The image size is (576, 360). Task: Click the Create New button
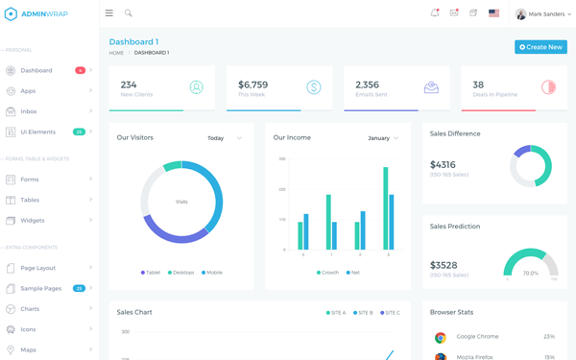[540, 47]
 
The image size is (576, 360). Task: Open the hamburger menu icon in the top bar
[109, 13]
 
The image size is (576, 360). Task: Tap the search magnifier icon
[129, 13]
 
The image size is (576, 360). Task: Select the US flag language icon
[493, 13]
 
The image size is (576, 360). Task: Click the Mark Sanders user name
[546, 14]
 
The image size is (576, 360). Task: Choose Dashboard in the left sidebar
[36, 70]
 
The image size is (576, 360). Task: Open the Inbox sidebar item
[30, 111]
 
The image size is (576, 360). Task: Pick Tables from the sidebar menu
[30, 200]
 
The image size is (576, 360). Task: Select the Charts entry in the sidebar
[30, 309]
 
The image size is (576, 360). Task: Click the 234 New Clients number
[129, 84]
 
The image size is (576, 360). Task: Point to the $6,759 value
[252, 84]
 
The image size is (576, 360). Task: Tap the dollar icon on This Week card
[314, 87]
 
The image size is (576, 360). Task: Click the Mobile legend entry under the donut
[212, 273]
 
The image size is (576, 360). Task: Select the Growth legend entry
[328, 273]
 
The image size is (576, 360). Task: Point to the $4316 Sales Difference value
[444, 165]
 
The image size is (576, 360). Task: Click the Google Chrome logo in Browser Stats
[441, 337]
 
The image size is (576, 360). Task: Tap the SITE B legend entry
[363, 313]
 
